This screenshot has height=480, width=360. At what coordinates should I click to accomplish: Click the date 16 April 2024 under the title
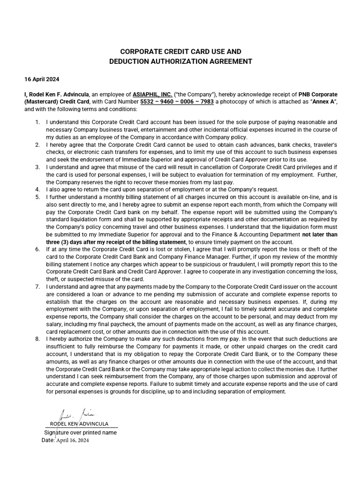click(x=42, y=79)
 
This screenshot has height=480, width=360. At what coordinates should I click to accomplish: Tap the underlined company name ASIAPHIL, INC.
click(x=152, y=94)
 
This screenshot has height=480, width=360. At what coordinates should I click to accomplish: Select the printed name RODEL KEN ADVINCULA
click(x=79, y=424)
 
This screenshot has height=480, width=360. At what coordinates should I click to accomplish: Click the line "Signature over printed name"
click(x=80, y=433)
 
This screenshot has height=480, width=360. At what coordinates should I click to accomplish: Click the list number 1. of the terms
click(x=37, y=122)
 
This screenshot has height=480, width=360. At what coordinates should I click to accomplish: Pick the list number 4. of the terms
click(x=37, y=189)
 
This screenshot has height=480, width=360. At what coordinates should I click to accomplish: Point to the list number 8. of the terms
click(x=37, y=338)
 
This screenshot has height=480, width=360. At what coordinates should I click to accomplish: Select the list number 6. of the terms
click(x=37, y=249)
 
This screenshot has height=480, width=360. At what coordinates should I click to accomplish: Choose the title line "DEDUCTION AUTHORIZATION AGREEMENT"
click(x=180, y=61)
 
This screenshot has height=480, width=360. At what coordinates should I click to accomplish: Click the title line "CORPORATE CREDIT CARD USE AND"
click(x=180, y=51)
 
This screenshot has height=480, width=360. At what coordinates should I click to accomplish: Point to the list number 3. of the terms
click(x=37, y=167)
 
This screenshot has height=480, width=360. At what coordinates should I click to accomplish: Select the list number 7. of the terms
click(x=37, y=286)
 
